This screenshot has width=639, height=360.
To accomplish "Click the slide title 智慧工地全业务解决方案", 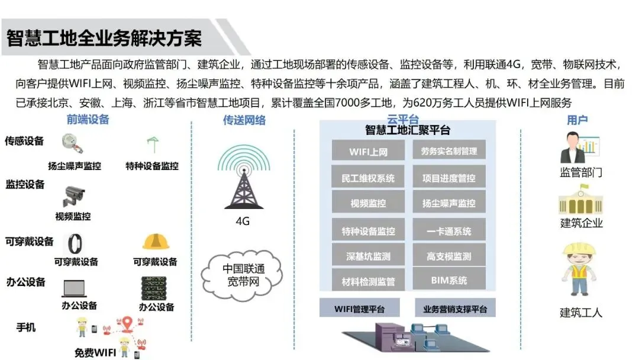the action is pyautogui.click(x=104, y=38).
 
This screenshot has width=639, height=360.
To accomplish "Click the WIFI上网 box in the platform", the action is pyautogui.click(x=368, y=151).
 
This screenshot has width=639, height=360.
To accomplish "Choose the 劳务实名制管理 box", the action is pyautogui.click(x=448, y=151).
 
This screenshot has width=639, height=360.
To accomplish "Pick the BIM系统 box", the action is pyautogui.click(x=448, y=279).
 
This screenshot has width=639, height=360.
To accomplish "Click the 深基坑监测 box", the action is pyautogui.click(x=368, y=256).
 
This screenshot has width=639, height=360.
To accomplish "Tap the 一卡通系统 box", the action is pyautogui.click(x=448, y=232).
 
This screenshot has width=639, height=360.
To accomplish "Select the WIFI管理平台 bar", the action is pyautogui.click(x=360, y=308).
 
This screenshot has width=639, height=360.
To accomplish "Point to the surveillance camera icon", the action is pyautogui.click(x=75, y=195).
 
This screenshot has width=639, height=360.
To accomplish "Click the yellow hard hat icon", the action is pyautogui.click(x=156, y=242).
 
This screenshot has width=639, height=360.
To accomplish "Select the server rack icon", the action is pyautogui.click(x=156, y=288).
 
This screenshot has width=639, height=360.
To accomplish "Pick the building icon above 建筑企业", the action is pyautogui.click(x=580, y=200).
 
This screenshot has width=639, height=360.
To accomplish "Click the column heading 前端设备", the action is pyautogui.click(x=88, y=120).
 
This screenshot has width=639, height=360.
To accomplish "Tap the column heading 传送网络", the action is pyautogui.click(x=244, y=120).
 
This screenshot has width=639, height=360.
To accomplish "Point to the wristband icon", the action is pyautogui.click(x=75, y=243).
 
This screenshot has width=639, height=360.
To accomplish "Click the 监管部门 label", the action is pyautogui.click(x=581, y=173).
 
